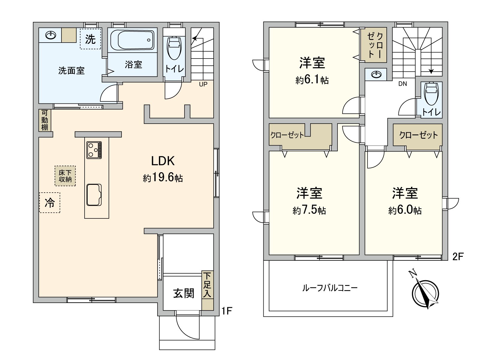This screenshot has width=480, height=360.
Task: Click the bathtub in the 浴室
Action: (x=132, y=40)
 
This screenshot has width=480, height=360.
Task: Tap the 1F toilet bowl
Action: (x=174, y=48)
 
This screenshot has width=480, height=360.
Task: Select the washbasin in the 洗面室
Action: (x=50, y=35)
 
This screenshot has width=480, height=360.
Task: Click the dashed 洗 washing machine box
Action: (x=90, y=39)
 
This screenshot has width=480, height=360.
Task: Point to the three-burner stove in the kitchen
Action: (x=94, y=150)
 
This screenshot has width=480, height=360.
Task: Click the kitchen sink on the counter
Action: (x=94, y=195)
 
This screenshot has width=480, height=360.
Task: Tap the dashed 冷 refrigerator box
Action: (x=50, y=203)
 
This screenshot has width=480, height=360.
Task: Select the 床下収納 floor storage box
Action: (x=65, y=176)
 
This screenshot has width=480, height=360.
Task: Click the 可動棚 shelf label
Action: (x=45, y=120)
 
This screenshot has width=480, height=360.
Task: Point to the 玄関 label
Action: (x=184, y=293)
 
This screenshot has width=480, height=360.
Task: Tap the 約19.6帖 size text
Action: (x=163, y=178)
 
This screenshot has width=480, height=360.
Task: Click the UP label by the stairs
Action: (x=203, y=84)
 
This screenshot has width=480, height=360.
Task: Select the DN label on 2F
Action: (x=403, y=84)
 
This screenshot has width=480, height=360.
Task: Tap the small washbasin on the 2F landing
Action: (x=376, y=74)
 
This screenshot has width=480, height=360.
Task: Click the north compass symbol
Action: (x=425, y=293)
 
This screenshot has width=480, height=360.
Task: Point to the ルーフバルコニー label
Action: (x=330, y=288)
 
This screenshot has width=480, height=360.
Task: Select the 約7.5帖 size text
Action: (x=309, y=210)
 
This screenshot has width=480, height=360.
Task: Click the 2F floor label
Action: (x=458, y=256)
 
